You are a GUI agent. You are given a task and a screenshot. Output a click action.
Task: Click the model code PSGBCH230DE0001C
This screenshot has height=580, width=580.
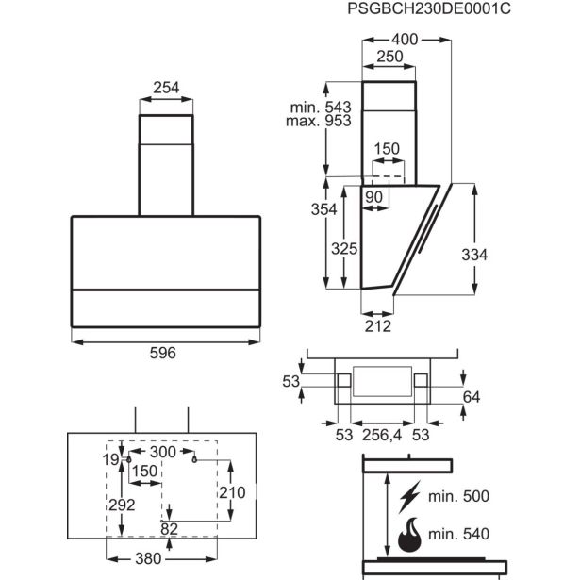[x=428, y=9]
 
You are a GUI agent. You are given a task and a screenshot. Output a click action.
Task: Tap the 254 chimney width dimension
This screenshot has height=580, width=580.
[x=166, y=88]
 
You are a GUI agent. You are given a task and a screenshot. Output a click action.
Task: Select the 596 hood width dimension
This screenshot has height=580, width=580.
[x=162, y=353]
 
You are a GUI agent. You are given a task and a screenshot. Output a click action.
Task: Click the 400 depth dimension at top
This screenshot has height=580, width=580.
[x=406, y=40]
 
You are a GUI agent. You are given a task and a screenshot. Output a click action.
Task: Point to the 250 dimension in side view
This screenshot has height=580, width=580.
[x=389, y=57]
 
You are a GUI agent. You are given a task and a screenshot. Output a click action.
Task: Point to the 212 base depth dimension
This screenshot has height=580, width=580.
[x=378, y=327]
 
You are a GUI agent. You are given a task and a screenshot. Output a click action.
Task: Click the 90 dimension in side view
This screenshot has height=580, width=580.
[x=373, y=195]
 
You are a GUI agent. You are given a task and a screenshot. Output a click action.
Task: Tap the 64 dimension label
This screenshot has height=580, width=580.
[x=471, y=396]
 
